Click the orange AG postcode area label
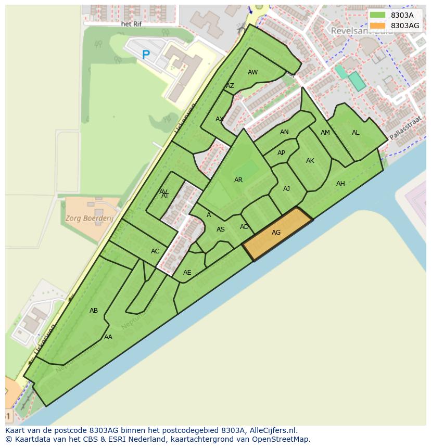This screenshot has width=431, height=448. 276,233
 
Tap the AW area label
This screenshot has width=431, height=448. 252,72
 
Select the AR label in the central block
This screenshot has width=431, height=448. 238,180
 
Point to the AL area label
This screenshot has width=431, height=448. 356,133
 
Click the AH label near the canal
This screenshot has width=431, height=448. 340,184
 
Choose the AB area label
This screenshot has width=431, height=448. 94,311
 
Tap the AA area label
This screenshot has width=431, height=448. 108,337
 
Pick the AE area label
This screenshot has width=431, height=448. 187,273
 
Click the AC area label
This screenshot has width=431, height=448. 155,251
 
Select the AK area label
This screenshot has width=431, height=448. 310,161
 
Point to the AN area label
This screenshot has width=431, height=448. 284,132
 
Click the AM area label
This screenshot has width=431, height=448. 325,133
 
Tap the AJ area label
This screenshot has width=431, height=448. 286,189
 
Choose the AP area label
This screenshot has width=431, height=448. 281,153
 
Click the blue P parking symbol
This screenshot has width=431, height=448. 146,54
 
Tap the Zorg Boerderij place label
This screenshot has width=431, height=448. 89,219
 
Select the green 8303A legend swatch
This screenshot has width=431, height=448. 378,15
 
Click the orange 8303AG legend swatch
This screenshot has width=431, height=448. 378,25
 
